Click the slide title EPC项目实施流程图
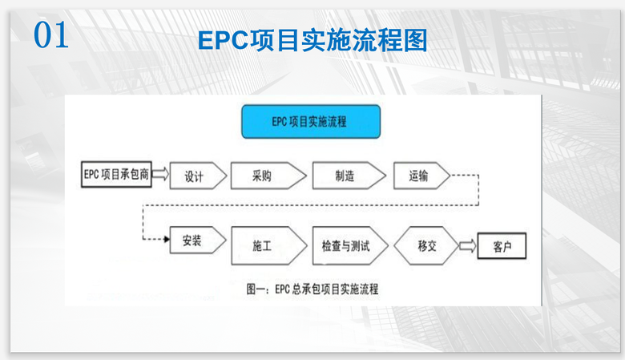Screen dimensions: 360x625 pyautogui.click(x=312, y=41)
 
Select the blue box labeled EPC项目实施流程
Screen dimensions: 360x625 pyautogui.click(x=311, y=121)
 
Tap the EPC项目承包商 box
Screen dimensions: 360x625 pyautogui.click(x=116, y=174)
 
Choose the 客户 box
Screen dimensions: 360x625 pyautogui.click(x=502, y=245)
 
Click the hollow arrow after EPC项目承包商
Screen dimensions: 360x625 pyautogui.click(x=159, y=174)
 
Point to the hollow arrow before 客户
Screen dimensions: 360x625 pyautogui.click(x=467, y=244)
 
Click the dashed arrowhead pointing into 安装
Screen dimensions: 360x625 pyautogui.click(x=167, y=240)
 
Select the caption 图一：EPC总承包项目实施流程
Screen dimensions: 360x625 pyautogui.click(x=312, y=289)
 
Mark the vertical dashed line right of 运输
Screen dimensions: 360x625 pyautogui.click(x=478, y=189)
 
